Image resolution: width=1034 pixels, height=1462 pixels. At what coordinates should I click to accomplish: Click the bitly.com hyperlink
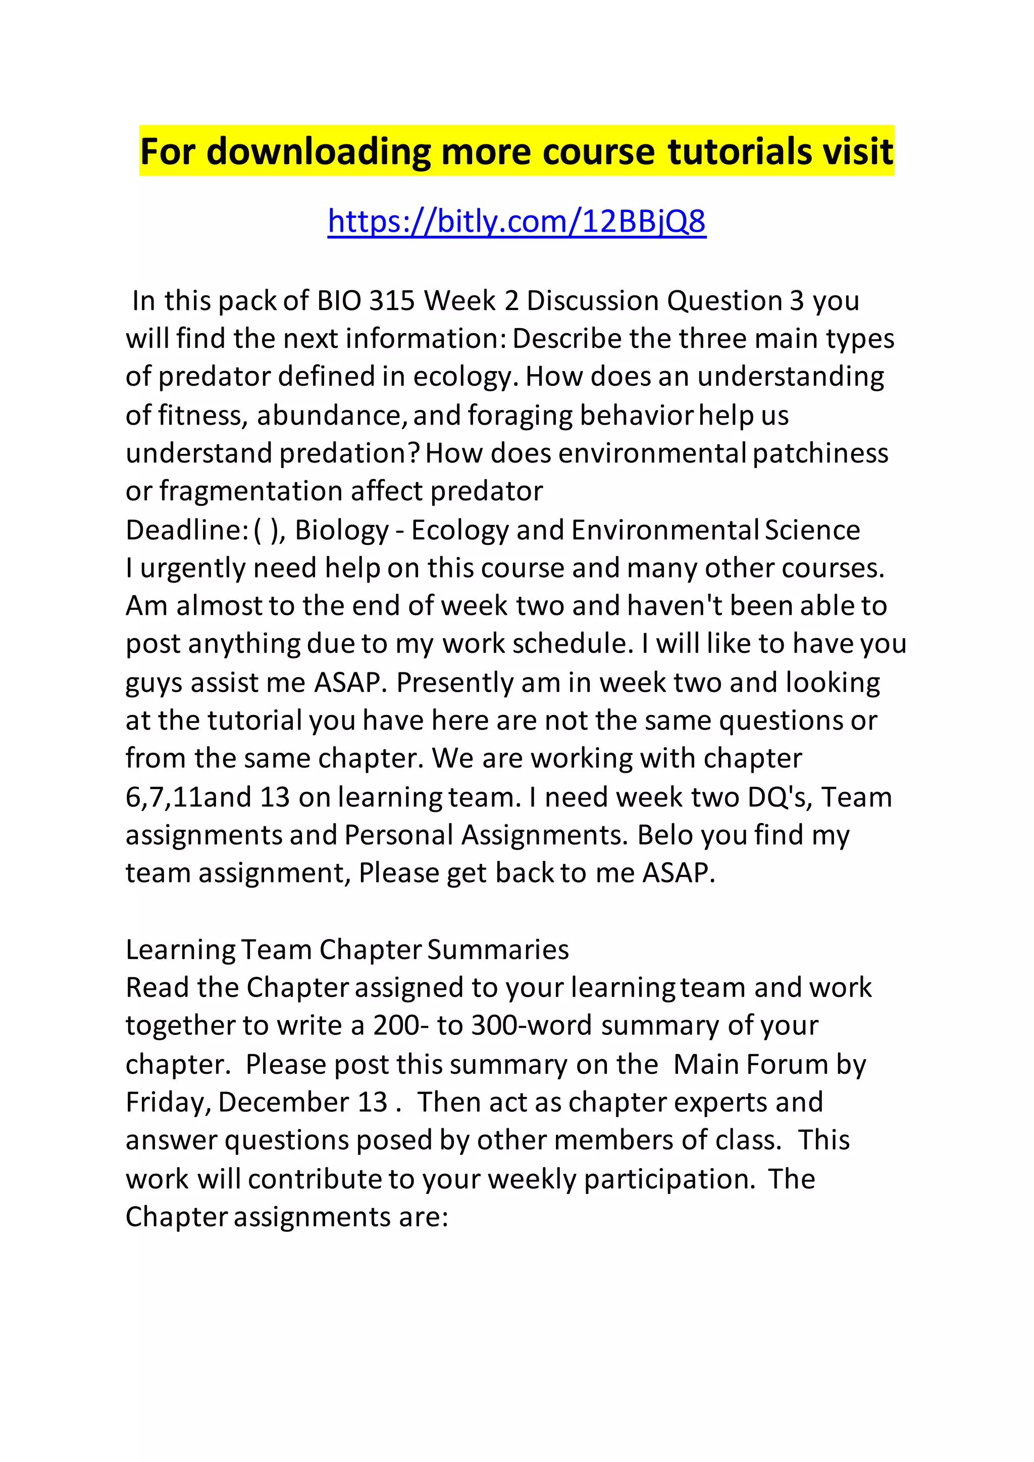pos(516,222)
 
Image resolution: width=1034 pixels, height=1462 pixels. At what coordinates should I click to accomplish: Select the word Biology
pos(342,530)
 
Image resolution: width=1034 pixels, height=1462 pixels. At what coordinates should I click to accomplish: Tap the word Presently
pos(454,683)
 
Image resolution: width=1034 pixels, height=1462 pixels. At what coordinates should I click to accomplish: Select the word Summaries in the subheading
pos(498,950)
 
